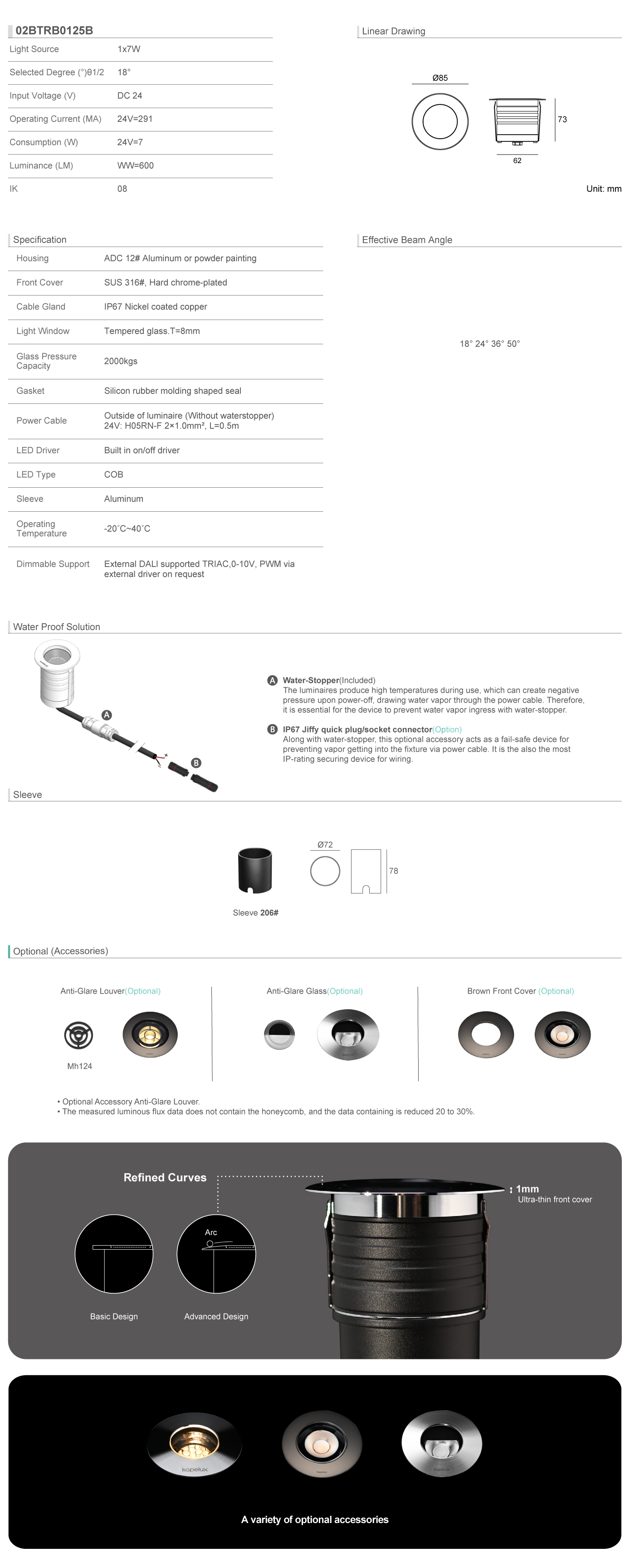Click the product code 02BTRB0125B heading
54,30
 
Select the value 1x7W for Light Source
129,49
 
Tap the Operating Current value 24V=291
135,119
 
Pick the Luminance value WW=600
135,165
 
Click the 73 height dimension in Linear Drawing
562,120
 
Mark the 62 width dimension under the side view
517,160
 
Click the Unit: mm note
603,189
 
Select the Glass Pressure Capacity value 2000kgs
121,361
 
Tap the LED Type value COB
113,475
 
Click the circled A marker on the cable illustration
107,715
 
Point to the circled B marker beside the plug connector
196,763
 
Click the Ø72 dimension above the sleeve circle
325,844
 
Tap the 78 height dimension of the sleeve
394,871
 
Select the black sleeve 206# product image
255,871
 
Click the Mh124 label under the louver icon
79,1066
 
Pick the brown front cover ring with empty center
486,1034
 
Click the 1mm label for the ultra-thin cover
527,1189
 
